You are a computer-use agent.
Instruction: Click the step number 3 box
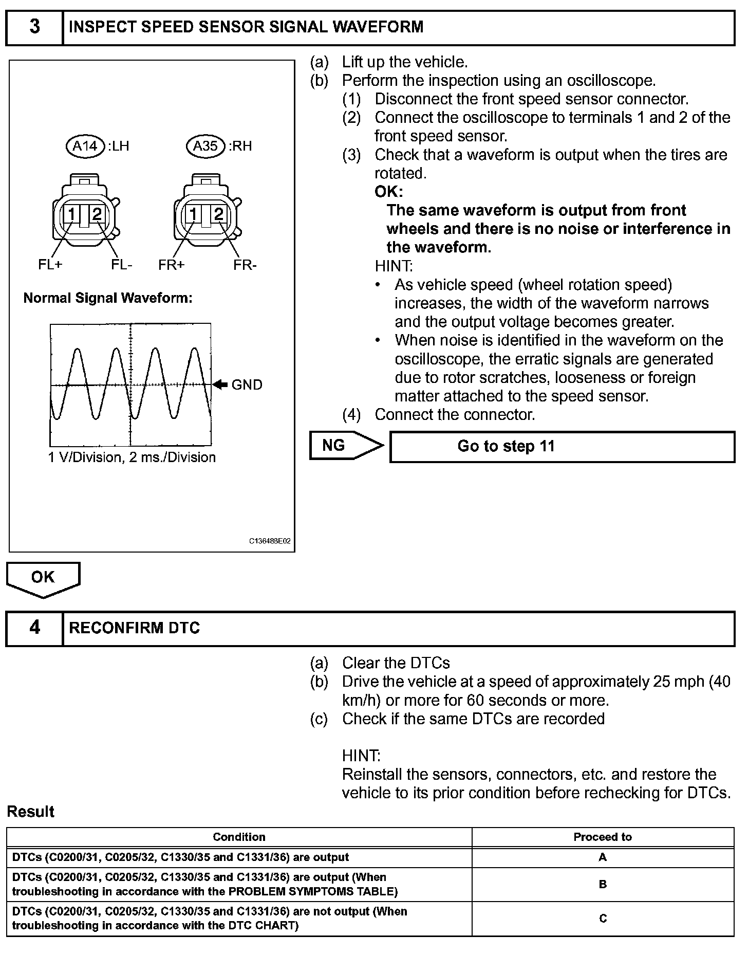(34, 27)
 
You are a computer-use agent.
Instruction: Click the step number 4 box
(34, 628)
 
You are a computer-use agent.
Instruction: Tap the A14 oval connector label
(85, 146)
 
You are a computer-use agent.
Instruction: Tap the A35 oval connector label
(205, 146)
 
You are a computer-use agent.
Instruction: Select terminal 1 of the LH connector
(72, 214)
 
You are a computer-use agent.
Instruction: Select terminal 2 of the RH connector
(219, 214)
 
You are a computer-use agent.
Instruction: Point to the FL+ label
(50, 265)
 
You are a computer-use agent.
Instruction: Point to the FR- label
(245, 265)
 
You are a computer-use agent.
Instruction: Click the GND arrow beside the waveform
(220, 384)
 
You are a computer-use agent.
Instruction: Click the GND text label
(247, 384)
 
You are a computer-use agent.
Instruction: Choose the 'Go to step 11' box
(562, 446)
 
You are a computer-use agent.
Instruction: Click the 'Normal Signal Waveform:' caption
(108, 298)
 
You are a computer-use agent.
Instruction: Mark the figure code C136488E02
(270, 541)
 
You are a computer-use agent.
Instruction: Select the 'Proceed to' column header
(603, 837)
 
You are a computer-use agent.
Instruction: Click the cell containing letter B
(603, 884)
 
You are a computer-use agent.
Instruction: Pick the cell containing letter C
(603, 918)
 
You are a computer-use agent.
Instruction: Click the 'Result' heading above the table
(31, 812)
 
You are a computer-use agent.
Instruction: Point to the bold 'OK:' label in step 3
(389, 192)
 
